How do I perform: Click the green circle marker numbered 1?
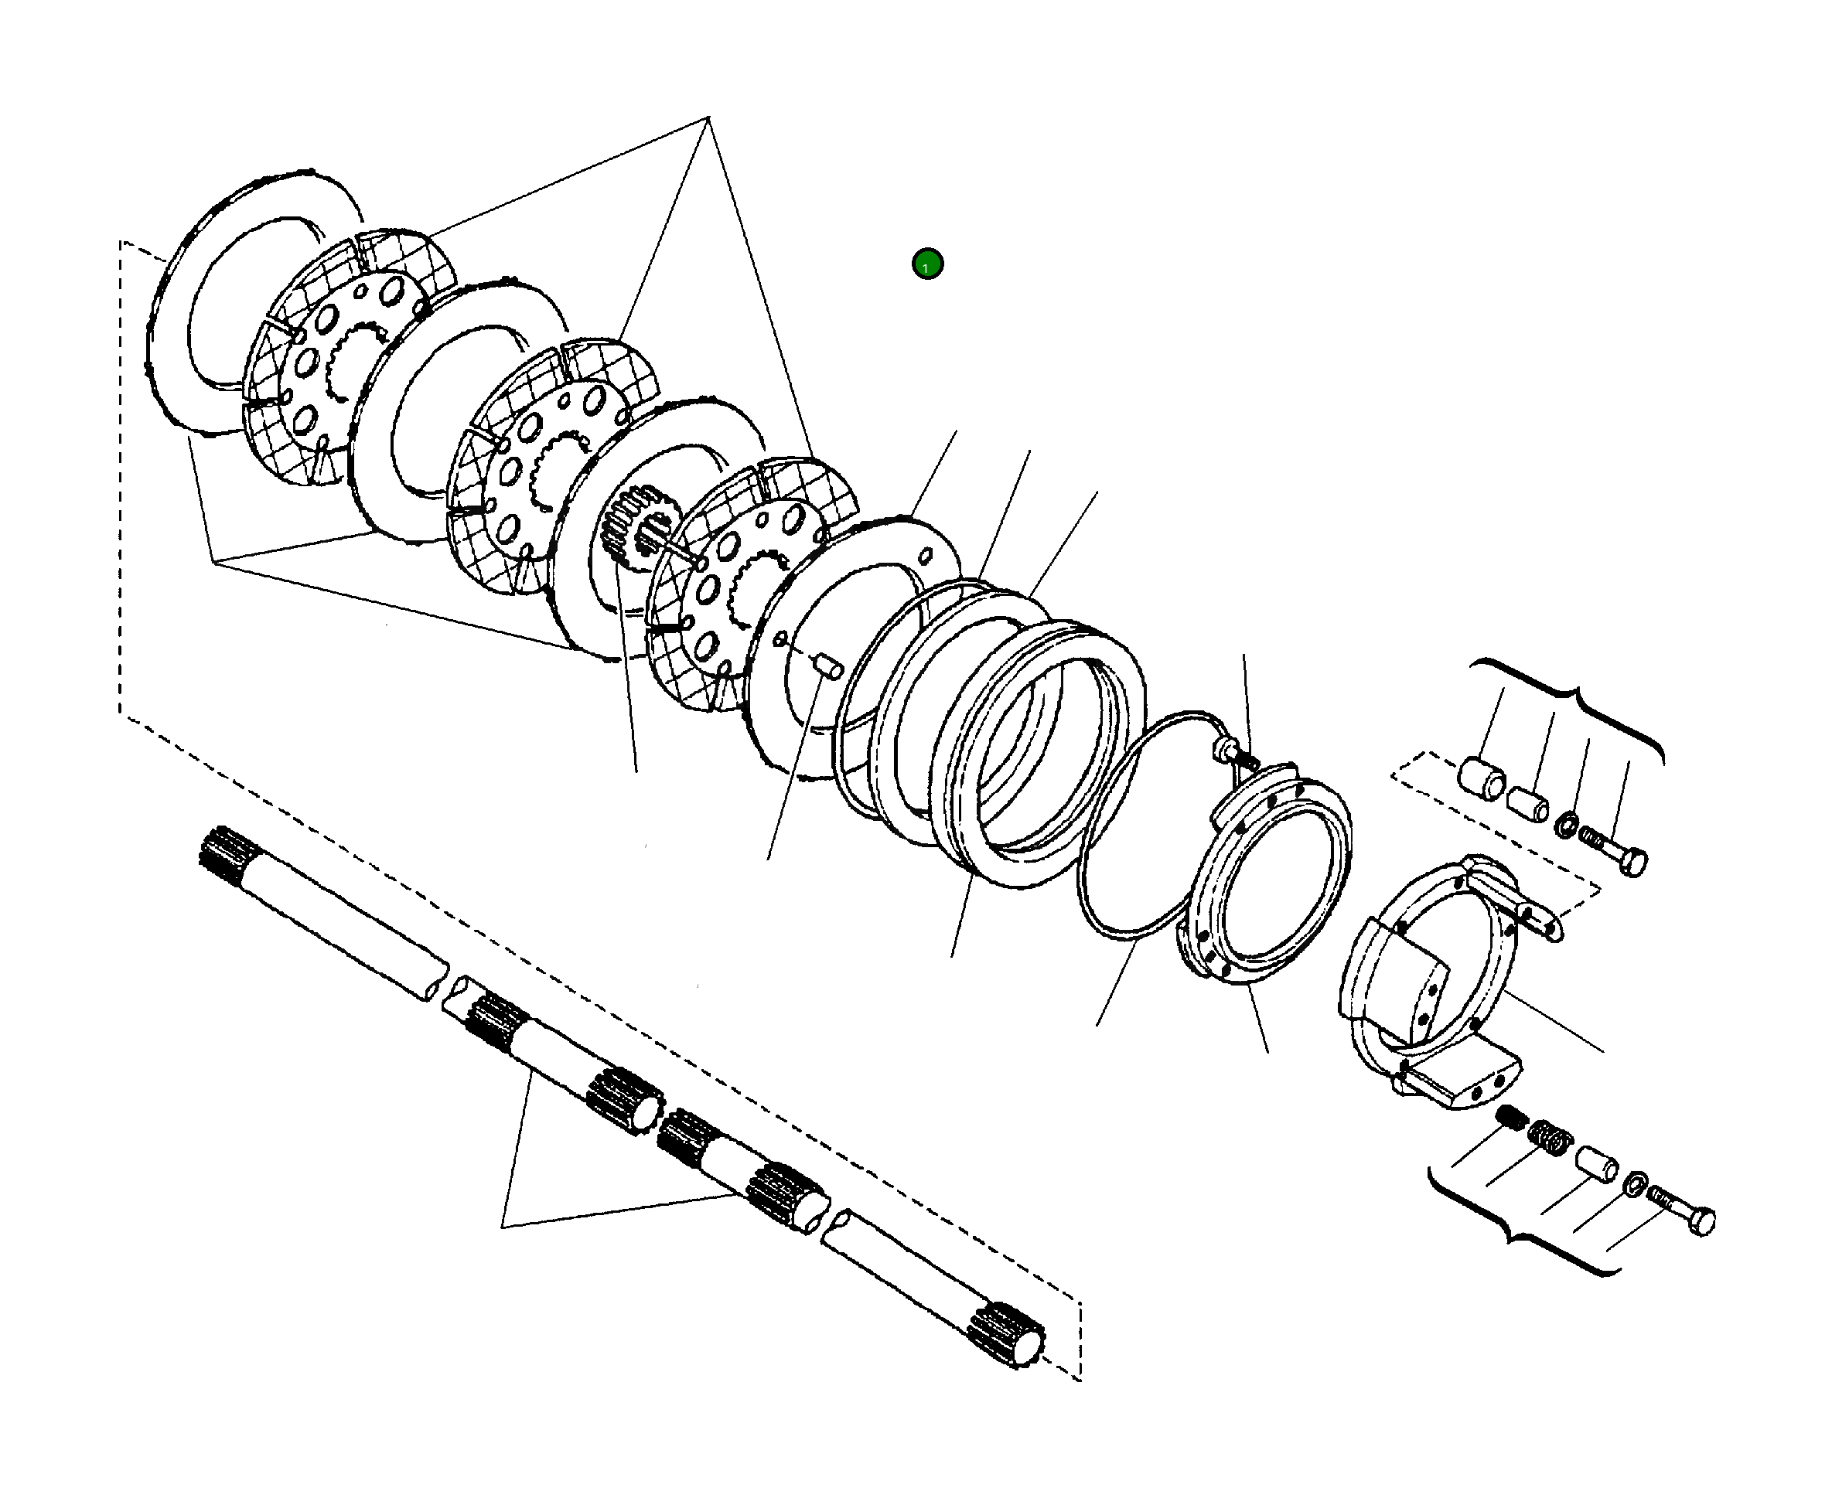pyautogui.click(x=927, y=263)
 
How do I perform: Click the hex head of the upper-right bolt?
pyautogui.click(x=1633, y=862)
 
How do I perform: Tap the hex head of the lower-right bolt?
pyautogui.click(x=1701, y=1222)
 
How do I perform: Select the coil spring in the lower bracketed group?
pyautogui.click(x=1550, y=1136)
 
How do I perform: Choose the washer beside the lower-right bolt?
pyautogui.click(x=1635, y=1183)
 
